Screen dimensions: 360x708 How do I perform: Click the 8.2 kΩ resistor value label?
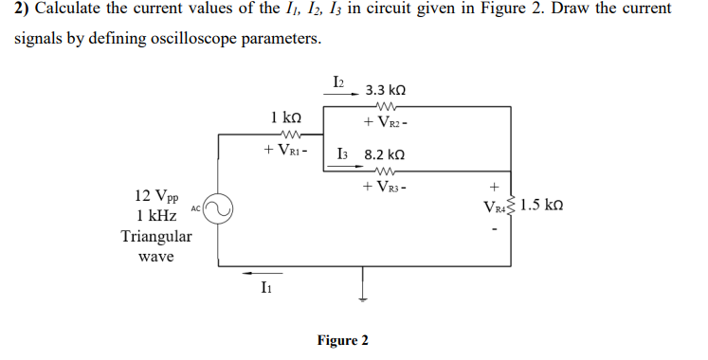pos(385,153)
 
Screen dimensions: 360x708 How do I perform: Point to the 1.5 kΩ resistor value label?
pos(545,205)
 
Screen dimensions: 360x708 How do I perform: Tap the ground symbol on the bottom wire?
pos(362,284)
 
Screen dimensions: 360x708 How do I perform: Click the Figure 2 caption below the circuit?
pos(343,340)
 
